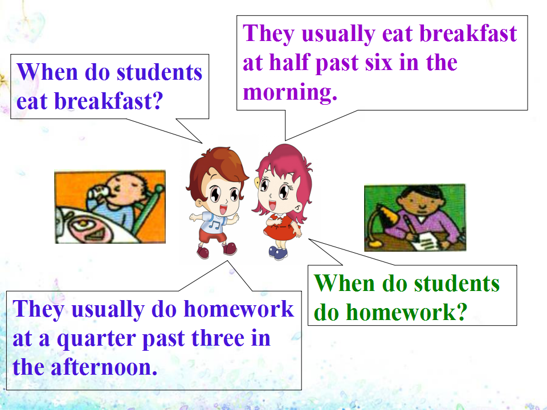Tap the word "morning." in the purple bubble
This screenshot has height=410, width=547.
290,92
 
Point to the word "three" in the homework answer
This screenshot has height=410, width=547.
218,338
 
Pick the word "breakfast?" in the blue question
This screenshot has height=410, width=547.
109,101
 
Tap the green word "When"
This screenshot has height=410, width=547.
344,283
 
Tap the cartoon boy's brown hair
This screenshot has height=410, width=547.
217,167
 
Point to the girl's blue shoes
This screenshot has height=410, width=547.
278,252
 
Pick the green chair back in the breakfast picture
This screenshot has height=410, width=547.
146,208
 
